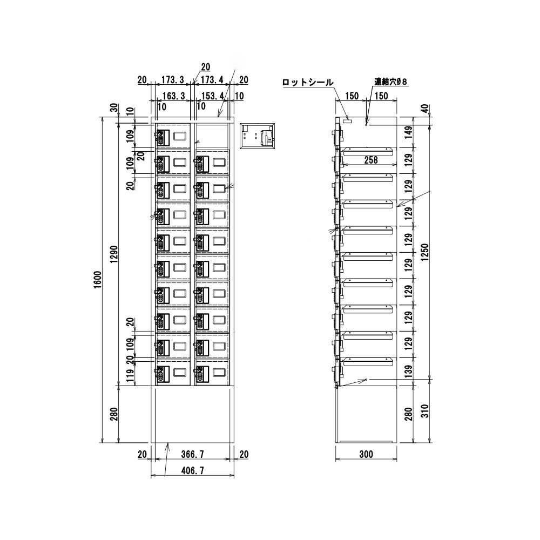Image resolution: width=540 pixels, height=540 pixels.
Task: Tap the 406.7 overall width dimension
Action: point(192,470)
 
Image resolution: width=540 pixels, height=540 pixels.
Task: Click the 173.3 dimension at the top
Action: point(173,80)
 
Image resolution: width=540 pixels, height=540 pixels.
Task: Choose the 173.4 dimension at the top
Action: point(212,80)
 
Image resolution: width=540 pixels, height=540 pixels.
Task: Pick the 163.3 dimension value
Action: point(173,96)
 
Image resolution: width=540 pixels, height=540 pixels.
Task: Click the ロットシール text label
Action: point(308,83)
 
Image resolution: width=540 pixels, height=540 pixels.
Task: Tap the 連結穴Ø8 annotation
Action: point(390,82)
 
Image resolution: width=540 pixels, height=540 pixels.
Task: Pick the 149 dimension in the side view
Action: point(409,132)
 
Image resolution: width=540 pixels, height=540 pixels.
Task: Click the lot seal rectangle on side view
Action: point(348,122)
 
